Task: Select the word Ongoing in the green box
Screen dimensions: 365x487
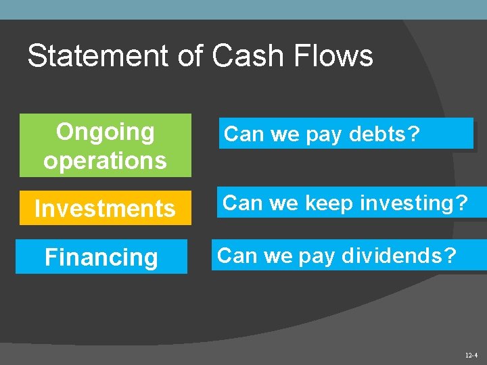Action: (x=105, y=132)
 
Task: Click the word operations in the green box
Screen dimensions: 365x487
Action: (x=105, y=161)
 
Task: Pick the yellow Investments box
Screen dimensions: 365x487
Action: (x=105, y=208)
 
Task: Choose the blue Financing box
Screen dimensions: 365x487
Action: (x=101, y=257)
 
